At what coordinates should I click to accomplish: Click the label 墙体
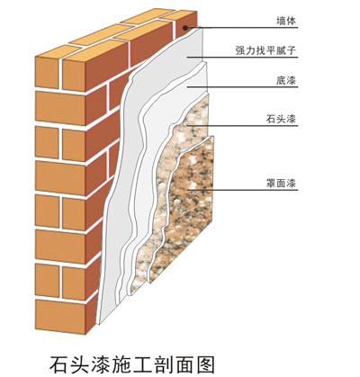tap(286, 21)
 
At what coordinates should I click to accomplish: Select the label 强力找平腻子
tap(265, 50)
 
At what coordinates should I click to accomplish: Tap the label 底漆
tap(286, 81)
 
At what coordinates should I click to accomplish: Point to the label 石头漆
tap(281, 119)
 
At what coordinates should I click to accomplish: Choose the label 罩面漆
tap(281, 183)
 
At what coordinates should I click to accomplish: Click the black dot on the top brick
tap(185, 28)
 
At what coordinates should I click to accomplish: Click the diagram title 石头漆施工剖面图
tap(132, 364)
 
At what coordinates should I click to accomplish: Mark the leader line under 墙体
tap(242, 28)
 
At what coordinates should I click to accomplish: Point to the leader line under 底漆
tap(242, 87)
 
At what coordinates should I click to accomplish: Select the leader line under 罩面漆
tap(243, 190)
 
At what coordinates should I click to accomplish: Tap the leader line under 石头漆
tap(242, 126)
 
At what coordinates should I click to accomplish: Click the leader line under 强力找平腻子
tap(242, 57)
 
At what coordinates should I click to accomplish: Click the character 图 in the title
tap(206, 364)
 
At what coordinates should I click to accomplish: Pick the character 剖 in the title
tap(164, 364)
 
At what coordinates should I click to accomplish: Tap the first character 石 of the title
tap(58, 364)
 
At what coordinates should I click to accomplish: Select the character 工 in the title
tap(143, 364)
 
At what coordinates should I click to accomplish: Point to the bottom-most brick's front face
tap(60, 314)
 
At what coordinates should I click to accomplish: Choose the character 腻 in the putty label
tap(281, 50)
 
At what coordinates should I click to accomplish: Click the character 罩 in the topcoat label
tap(271, 183)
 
